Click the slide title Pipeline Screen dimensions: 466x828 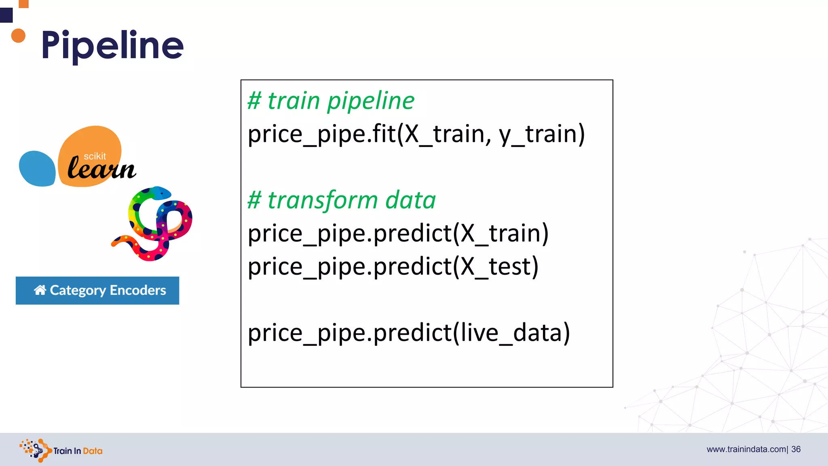pos(112,45)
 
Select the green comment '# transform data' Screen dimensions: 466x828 pos(342,200)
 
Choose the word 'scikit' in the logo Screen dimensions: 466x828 pos(95,156)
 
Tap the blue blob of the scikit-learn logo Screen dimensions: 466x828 pos(37,168)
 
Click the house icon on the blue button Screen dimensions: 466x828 pos(40,290)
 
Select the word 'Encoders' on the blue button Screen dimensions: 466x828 pos(138,290)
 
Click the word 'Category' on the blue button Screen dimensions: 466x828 pos(78,290)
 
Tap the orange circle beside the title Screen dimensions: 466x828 pos(18,36)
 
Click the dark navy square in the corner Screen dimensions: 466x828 pos(6,15)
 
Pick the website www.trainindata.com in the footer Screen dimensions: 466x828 pos(746,449)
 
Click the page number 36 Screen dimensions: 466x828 pos(796,449)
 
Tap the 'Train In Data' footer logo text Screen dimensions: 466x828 pos(78,451)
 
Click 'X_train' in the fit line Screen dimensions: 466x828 pos(445,134)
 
